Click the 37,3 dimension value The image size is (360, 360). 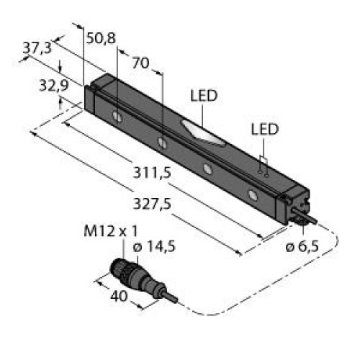click(37, 48)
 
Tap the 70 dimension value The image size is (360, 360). click(141, 63)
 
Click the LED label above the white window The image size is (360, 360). click(204, 96)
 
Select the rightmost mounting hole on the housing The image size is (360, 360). click(252, 194)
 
